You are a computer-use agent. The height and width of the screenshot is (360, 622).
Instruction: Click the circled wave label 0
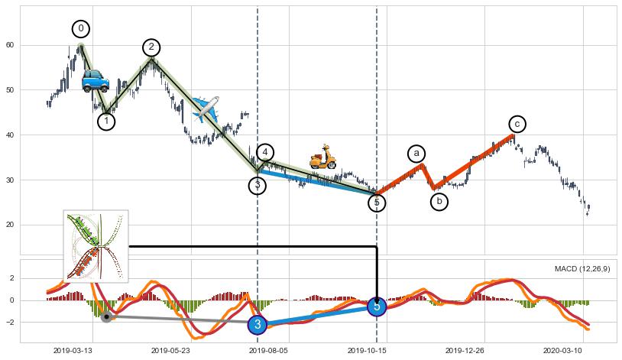pyautogui.click(x=81, y=29)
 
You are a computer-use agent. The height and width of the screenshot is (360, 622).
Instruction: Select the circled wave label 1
pyautogui.click(x=106, y=122)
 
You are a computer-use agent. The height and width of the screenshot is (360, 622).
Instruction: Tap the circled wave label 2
pyautogui.click(x=151, y=47)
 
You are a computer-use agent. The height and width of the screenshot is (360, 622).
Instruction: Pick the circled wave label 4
pyautogui.click(x=264, y=152)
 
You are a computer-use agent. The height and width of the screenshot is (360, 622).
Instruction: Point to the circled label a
pyautogui.click(x=416, y=154)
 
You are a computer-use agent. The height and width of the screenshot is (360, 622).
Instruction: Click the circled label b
pyautogui.click(x=439, y=202)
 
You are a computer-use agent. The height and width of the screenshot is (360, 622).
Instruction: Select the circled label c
pyautogui.click(x=517, y=124)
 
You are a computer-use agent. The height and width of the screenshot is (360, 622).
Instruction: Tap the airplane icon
pyautogui.click(x=206, y=109)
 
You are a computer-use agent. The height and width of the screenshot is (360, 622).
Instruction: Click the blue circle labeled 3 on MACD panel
pyautogui.click(x=258, y=325)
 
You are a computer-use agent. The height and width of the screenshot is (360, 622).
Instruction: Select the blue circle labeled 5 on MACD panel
pyautogui.click(x=377, y=306)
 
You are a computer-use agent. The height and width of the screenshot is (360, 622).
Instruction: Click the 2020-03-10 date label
pyautogui.click(x=562, y=350)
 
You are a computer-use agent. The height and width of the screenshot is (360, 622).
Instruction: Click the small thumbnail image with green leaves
pyautogui.click(x=96, y=246)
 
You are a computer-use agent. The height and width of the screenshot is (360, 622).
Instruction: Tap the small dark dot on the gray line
pyautogui.click(x=107, y=316)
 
